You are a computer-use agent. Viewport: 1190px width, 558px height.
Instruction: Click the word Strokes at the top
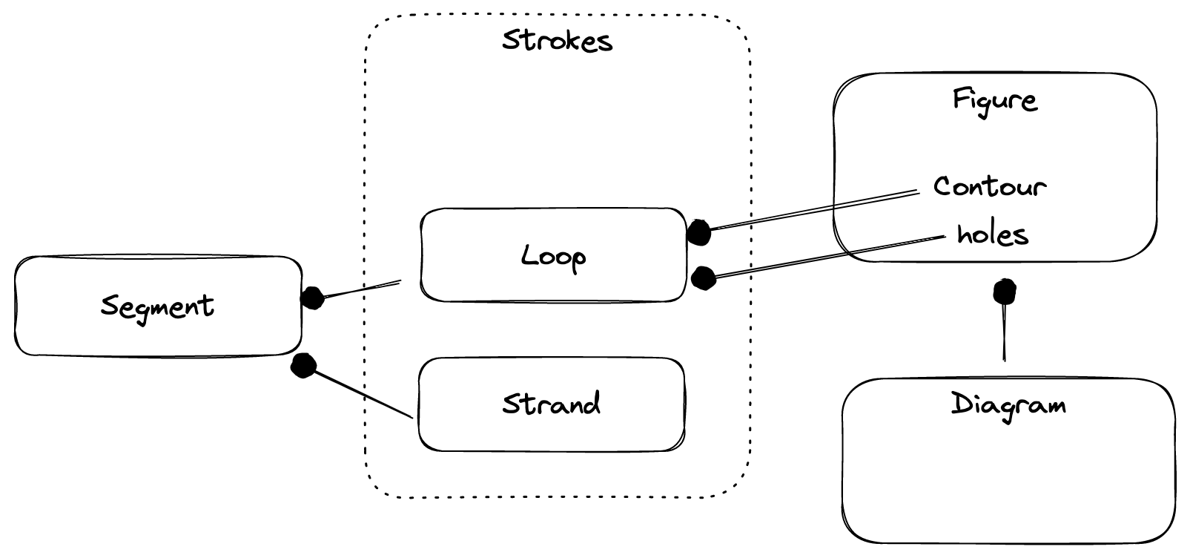tap(557, 40)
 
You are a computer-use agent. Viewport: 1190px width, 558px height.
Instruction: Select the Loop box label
tap(553, 257)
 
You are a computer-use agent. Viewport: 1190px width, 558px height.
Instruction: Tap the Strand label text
tap(551, 404)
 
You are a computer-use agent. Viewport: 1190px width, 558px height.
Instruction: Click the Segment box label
tap(157, 306)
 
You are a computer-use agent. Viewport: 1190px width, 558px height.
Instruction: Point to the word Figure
tap(994, 99)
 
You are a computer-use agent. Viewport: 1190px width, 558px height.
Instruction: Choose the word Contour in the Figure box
tap(989, 186)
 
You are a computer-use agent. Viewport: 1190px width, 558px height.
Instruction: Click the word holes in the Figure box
tap(992, 234)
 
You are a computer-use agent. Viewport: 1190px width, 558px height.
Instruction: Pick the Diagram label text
tap(1008, 405)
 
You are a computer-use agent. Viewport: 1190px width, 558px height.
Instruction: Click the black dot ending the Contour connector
tap(698, 232)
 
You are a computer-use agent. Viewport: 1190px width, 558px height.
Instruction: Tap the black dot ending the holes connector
tap(702, 278)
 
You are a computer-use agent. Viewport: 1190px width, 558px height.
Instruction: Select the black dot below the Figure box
tap(1005, 292)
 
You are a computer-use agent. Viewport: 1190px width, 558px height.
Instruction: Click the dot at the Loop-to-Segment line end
tap(312, 298)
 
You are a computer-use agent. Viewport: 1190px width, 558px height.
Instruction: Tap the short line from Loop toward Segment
tap(363, 289)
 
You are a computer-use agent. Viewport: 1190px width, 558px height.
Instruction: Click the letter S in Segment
tap(110, 306)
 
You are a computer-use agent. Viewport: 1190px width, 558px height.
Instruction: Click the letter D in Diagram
tap(961, 405)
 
